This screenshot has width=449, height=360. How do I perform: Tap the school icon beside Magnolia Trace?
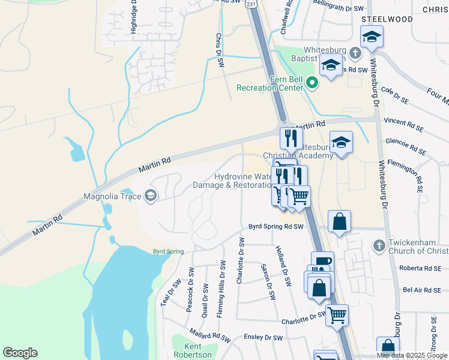point(150,195)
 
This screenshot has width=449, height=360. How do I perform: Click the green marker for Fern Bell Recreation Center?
point(312,82)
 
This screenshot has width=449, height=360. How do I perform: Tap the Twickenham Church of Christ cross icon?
point(378,245)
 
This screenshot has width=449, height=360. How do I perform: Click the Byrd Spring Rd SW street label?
point(277,227)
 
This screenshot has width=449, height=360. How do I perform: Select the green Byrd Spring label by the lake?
point(167,251)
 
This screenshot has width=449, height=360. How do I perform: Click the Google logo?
point(20,353)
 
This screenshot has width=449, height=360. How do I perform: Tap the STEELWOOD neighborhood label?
point(387,19)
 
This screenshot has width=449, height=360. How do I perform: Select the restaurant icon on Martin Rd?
point(291,138)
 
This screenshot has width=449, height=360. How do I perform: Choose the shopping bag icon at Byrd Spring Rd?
point(339,221)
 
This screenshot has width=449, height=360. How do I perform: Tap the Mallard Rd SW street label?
point(210,335)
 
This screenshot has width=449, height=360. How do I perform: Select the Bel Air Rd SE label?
point(422,290)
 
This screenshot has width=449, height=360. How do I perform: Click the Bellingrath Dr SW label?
point(338,9)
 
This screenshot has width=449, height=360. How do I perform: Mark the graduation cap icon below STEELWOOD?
point(372,37)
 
